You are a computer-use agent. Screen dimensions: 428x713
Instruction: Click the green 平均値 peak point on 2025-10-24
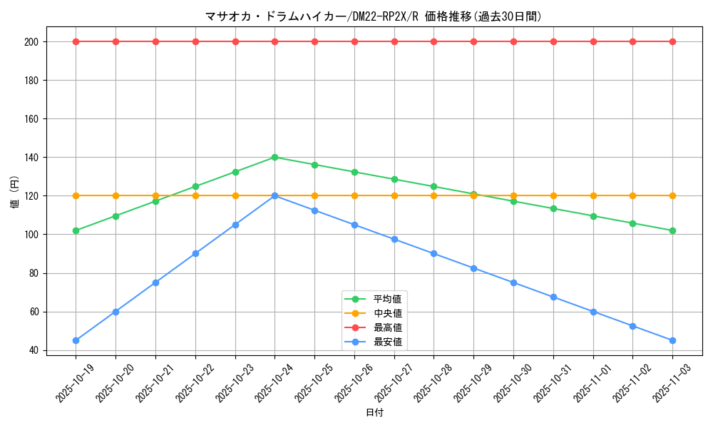[275, 157]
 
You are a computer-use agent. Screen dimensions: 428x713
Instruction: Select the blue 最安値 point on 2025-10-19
[76, 340]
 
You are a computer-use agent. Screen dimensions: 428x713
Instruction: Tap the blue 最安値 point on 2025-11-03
[672, 340]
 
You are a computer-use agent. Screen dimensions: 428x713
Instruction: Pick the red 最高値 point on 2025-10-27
[394, 41]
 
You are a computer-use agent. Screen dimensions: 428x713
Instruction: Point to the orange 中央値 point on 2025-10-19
[76, 195]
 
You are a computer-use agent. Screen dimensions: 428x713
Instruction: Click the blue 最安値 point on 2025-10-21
[155, 282]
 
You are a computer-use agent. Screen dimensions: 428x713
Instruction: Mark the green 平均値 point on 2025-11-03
[672, 230]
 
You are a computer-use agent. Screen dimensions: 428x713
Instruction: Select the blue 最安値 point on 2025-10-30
[513, 282]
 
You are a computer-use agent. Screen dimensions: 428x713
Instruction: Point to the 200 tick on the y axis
[31, 42]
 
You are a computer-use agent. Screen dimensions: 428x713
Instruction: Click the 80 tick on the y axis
[33, 273]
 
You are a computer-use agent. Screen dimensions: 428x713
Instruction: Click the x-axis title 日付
[374, 413]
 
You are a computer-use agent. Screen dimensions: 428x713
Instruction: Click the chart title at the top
[374, 16]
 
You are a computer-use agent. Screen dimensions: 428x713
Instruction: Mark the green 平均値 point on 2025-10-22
[195, 186]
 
